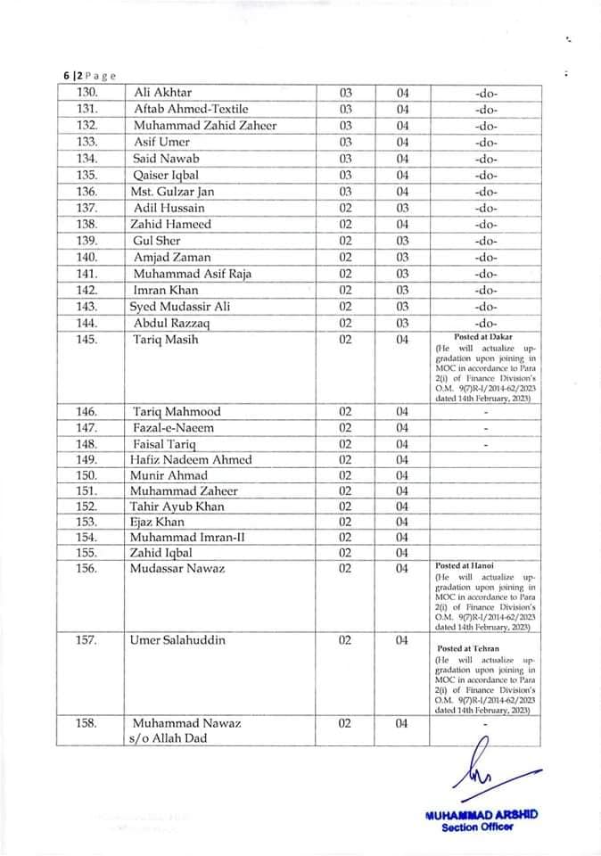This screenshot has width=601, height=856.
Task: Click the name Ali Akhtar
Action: [x=162, y=93]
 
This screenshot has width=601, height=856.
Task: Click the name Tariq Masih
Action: [x=166, y=340]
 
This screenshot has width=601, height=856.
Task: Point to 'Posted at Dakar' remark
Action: [x=483, y=337]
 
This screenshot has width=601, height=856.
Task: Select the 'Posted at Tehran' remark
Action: [x=468, y=649]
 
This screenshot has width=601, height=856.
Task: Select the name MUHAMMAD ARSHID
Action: [x=482, y=815]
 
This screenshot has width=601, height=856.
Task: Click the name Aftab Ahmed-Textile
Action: [x=191, y=109]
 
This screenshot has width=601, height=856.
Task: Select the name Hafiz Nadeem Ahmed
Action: [x=192, y=460]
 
